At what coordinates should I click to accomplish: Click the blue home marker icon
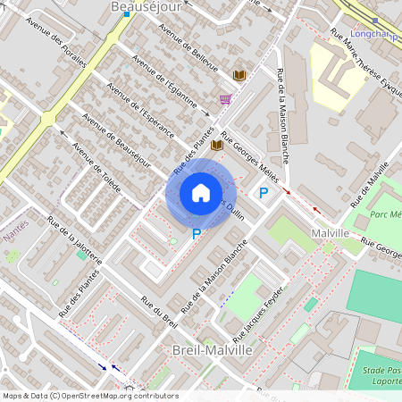(201, 193)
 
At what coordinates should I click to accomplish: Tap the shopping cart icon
(226, 99)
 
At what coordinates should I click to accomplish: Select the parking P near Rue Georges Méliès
(264, 192)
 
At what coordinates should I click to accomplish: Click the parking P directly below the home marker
(197, 234)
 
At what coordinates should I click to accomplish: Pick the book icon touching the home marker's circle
(216, 145)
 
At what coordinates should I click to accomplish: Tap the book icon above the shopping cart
(239, 75)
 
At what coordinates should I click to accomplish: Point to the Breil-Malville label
(212, 351)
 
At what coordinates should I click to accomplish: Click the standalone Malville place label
(330, 233)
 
